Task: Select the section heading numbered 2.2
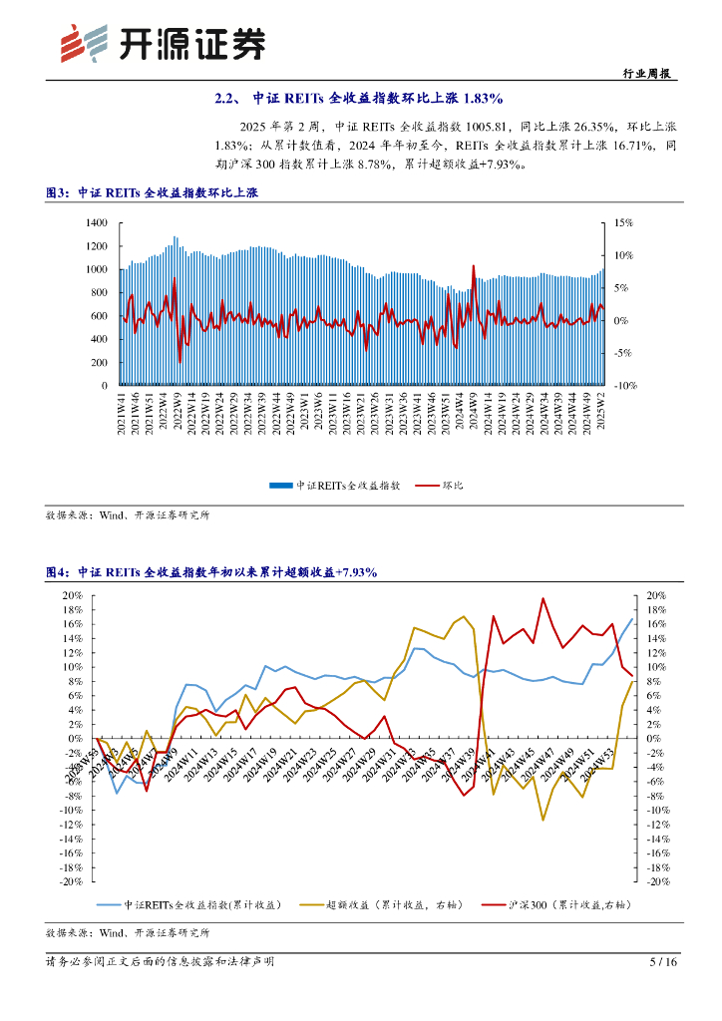pyautogui.click(x=360, y=99)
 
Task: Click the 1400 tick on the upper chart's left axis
pyautogui.click(x=96, y=222)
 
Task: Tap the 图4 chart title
pyautogui.click(x=211, y=572)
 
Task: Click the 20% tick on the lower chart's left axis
pyautogui.click(x=72, y=595)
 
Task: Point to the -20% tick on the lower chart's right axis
pyautogui.click(x=658, y=881)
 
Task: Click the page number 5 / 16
pyautogui.click(x=663, y=962)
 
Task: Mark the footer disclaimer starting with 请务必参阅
pyautogui.click(x=160, y=962)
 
